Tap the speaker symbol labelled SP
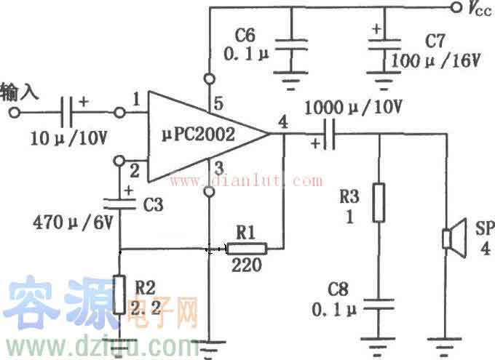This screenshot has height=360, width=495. click(x=451, y=238)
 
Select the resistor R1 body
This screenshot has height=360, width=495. click(x=247, y=249)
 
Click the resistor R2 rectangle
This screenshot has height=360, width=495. click(x=119, y=293)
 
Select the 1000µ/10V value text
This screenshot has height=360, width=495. click(x=355, y=107)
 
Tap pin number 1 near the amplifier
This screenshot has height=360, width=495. click(x=136, y=98)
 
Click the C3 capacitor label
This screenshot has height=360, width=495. click(x=152, y=206)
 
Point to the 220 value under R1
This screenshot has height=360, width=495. click(x=246, y=266)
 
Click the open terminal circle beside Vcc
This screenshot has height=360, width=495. click(x=456, y=8)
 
